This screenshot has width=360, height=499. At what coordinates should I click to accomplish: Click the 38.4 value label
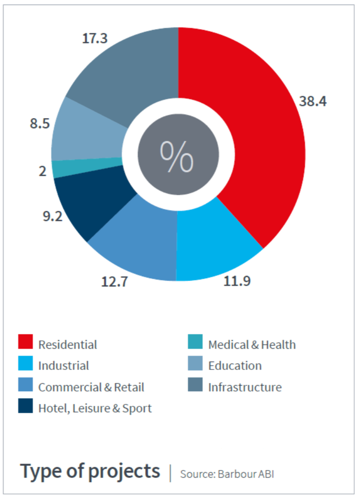point(312,101)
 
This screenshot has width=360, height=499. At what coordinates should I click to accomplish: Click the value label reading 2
point(42,171)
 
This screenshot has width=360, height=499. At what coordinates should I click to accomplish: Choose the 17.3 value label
point(95,38)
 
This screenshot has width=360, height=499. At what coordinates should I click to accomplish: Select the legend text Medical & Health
point(252,345)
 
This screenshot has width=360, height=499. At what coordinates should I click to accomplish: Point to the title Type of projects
point(90,471)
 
